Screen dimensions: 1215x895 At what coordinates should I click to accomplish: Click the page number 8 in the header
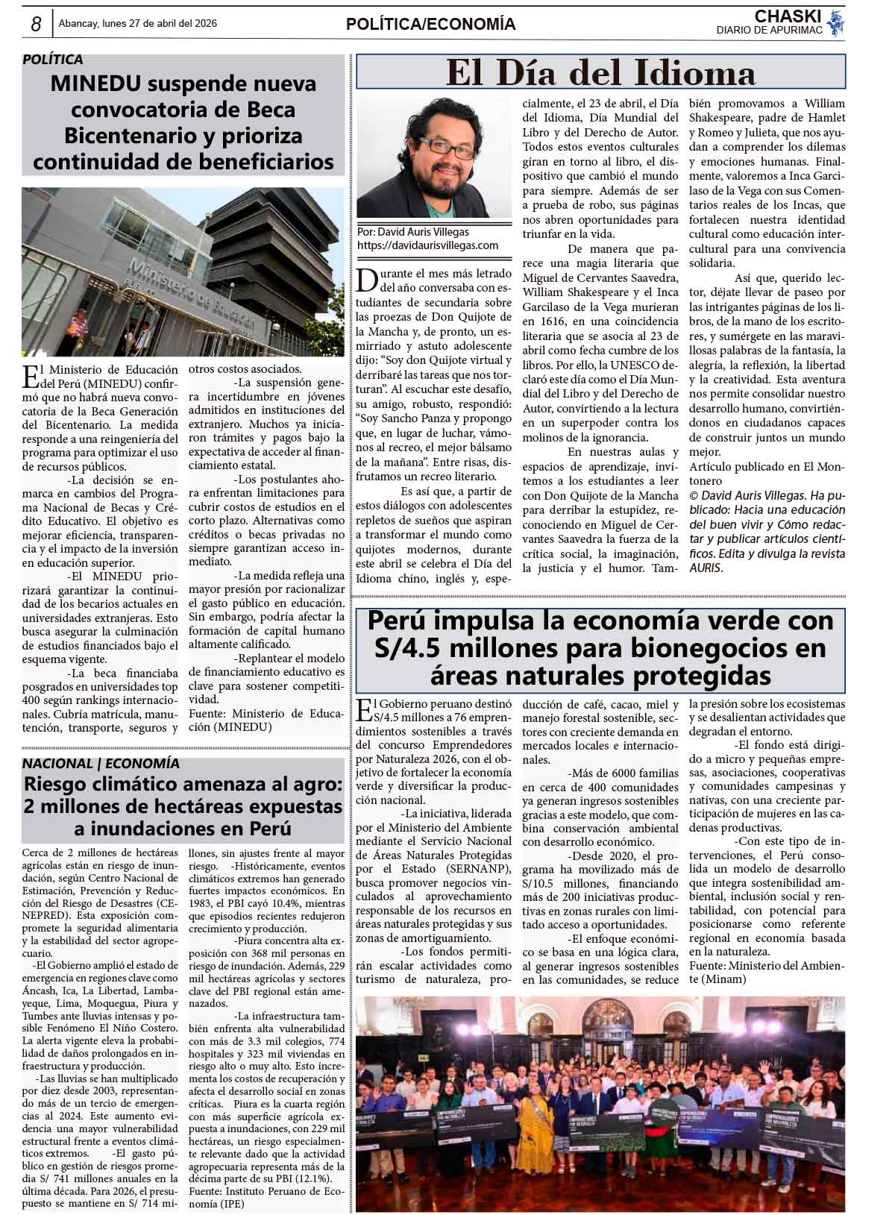coord(36,25)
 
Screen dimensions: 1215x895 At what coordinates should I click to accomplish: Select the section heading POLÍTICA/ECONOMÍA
coord(430,25)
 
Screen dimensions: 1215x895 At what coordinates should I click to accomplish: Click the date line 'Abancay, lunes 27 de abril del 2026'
coord(137,24)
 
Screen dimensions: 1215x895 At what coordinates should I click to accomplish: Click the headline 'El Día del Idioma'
coord(600,73)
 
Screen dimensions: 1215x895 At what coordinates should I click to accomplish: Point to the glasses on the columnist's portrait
coord(436,146)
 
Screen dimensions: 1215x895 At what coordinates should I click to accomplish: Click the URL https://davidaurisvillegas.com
coord(427,245)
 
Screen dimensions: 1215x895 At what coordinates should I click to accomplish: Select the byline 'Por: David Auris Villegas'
coord(413,232)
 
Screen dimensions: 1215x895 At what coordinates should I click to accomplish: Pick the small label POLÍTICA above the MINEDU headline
coord(52,60)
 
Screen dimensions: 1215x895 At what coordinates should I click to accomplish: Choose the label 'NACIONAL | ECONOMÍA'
coord(101,763)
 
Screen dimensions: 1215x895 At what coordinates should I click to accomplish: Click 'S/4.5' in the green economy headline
coord(411,647)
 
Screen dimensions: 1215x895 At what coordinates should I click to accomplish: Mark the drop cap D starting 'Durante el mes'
coord(367,280)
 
